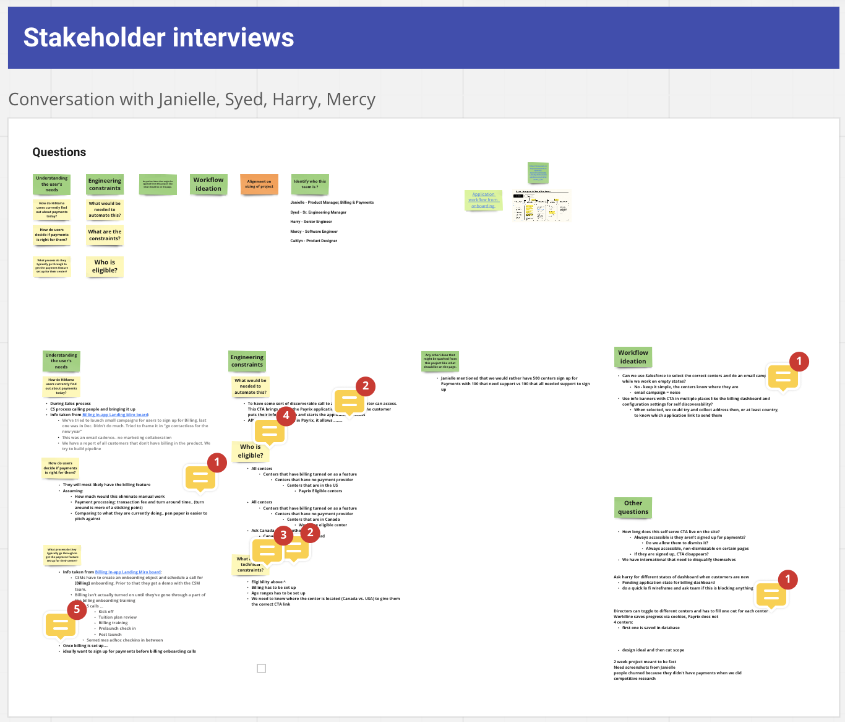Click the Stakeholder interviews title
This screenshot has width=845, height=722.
(158, 38)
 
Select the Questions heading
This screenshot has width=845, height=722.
(59, 152)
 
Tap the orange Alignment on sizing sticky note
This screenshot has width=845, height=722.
(259, 185)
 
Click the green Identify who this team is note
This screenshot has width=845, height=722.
(310, 185)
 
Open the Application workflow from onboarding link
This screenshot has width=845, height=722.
(483, 200)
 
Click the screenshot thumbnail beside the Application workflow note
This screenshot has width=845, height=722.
(541, 206)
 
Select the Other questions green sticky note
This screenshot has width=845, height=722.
(633, 508)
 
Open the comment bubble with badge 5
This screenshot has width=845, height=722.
(61, 625)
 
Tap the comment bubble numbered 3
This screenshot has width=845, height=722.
(267, 549)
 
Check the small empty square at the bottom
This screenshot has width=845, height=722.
(262, 668)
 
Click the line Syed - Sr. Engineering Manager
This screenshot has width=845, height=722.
(319, 212)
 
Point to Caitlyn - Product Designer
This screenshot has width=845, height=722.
(314, 241)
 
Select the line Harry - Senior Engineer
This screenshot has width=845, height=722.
(311, 222)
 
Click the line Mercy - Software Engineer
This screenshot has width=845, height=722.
(314, 232)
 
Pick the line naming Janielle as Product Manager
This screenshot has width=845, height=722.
(332, 202)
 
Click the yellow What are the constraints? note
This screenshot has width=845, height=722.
(105, 235)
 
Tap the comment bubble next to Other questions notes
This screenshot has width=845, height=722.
(771, 595)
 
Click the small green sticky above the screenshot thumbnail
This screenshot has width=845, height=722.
(538, 173)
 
